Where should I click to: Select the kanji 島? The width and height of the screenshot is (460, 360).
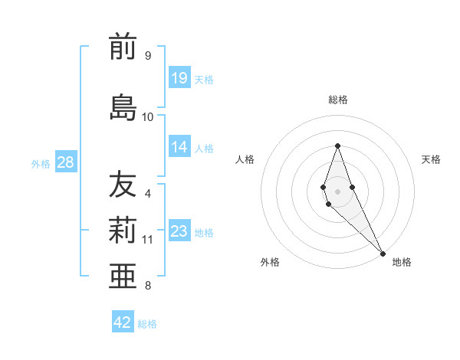(x=123, y=107)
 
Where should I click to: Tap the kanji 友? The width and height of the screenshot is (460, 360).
(x=123, y=185)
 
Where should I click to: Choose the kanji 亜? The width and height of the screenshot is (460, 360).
(x=123, y=275)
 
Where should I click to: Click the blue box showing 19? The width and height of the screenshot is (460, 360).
(x=179, y=77)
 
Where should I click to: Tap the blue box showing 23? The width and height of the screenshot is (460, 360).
(x=179, y=231)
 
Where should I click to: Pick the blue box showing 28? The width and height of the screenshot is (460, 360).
(x=65, y=162)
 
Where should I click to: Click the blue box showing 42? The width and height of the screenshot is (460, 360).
(x=123, y=322)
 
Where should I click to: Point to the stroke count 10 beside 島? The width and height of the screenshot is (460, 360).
(x=148, y=116)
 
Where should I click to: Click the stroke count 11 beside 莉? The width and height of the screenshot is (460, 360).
(x=148, y=239)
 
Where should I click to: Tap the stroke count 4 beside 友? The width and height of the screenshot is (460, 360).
(x=148, y=193)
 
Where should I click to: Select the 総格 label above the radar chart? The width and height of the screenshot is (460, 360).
(x=338, y=100)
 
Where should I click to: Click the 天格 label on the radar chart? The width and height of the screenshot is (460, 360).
(x=431, y=159)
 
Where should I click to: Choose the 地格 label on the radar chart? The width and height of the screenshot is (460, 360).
(x=402, y=262)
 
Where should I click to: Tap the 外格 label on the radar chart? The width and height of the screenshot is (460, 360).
(x=270, y=262)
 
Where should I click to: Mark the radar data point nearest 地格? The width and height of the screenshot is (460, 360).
(x=383, y=254)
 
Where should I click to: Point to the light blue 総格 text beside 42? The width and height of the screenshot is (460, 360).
(x=147, y=324)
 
